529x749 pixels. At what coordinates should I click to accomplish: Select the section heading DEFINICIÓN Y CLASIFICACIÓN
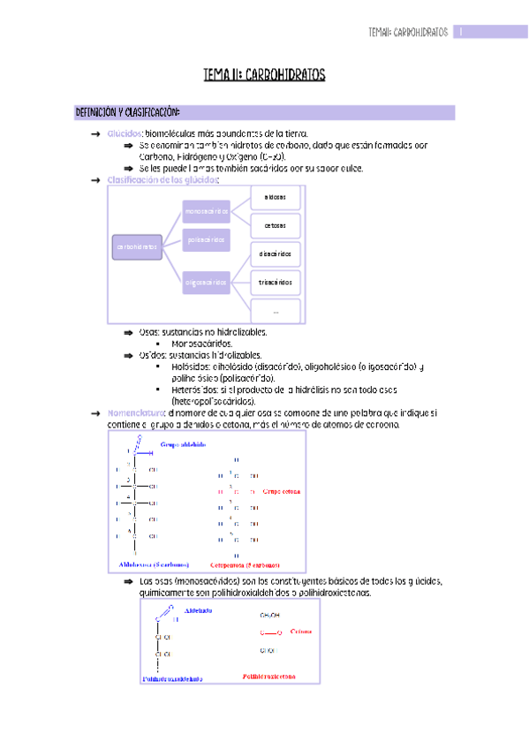click(x=128, y=112)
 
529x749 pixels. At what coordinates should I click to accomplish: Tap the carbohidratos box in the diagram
click(x=135, y=246)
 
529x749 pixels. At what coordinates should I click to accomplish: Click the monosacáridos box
click(x=206, y=210)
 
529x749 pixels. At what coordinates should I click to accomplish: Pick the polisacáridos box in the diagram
click(x=206, y=239)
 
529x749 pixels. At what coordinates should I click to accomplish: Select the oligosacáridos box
click(x=206, y=283)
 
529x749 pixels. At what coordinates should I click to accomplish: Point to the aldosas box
click(x=276, y=196)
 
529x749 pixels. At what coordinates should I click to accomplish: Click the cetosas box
click(x=276, y=225)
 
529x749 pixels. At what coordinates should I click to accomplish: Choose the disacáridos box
click(x=276, y=253)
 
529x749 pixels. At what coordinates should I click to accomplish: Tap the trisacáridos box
click(x=276, y=283)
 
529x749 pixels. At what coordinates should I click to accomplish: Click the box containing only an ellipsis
click(x=276, y=311)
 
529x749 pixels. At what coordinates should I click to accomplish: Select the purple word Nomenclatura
click(x=135, y=412)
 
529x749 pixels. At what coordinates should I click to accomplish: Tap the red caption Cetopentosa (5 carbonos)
click(x=245, y=564)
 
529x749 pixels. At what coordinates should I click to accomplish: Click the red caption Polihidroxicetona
click(x=269, y=676)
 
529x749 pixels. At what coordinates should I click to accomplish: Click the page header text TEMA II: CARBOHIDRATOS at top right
click(x=407, y=33)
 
